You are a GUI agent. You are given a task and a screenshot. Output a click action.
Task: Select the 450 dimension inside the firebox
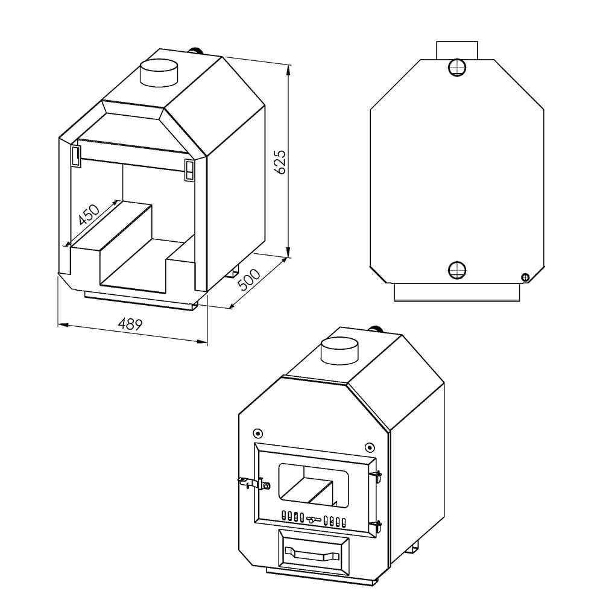tap(89, 215)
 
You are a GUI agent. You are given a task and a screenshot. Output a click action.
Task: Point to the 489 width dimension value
tap(130, 324)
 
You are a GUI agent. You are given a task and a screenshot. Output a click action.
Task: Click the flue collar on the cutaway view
tap(159, 73)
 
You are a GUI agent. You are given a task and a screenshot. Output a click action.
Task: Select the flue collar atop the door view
tap(339, 350)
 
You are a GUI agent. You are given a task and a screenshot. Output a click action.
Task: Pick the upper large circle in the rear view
tap(458, 67)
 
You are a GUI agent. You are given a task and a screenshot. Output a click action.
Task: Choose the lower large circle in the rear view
tap(458, 269)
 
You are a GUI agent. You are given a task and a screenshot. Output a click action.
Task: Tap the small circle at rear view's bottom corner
tap(525, 277)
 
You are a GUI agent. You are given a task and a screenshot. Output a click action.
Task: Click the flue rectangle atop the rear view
tap(456, 50)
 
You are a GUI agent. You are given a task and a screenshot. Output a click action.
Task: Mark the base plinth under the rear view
tap(456, 292)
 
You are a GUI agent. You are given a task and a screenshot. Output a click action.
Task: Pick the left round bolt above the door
tap(257, 433)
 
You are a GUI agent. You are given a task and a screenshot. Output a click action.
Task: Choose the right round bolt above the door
tap(369, 447)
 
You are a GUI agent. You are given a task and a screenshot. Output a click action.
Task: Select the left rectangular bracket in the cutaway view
tap(77, 155)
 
